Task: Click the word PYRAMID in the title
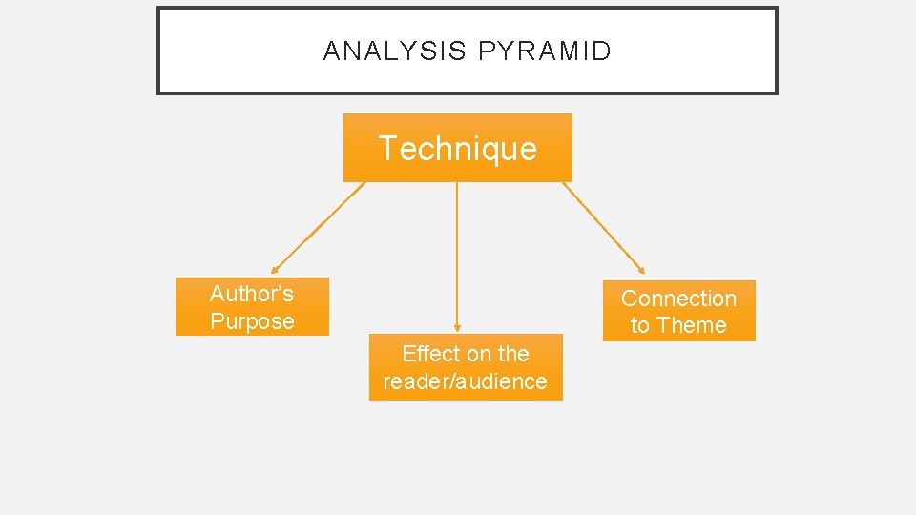(545, 51)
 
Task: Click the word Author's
(252, 293)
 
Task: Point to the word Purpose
(252, 321)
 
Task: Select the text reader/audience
(466, 381)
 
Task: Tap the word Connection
(678, 299)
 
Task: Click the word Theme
(692, 325)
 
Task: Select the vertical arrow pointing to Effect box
(457, 253)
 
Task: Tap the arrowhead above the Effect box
(457, 328)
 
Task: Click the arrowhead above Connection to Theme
(642, 271)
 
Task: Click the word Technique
(457, 148)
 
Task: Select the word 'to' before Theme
(639, 325)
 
